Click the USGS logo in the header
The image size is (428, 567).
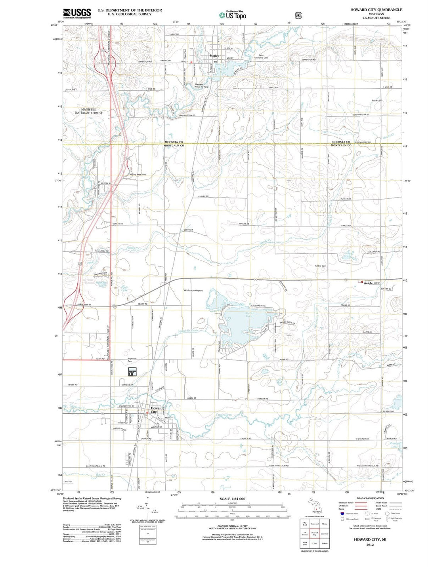(x=77, y=13)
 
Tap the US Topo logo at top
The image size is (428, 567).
(x=233, y=15)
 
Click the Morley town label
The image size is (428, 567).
(x=214, y=56)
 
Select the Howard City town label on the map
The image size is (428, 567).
(x=157, y=410)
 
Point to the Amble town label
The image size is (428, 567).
(x=368, y=283)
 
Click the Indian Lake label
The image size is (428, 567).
(x=249, y=315)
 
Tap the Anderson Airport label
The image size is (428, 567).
(x=193, y=290)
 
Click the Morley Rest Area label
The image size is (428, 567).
(x=138, y=175)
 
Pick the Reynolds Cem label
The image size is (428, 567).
(x=132, y=360)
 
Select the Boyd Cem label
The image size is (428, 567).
(x=376, y=101)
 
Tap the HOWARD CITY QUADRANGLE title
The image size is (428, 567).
(x=376, y=10)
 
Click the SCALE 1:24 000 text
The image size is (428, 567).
(x=232, y=499)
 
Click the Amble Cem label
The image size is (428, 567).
(x=320, y=266)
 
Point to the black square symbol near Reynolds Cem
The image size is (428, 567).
(x=132, y=372)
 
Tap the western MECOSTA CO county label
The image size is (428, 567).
(x=174, y=142)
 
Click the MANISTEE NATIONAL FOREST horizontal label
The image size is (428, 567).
(x=89, y=111)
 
